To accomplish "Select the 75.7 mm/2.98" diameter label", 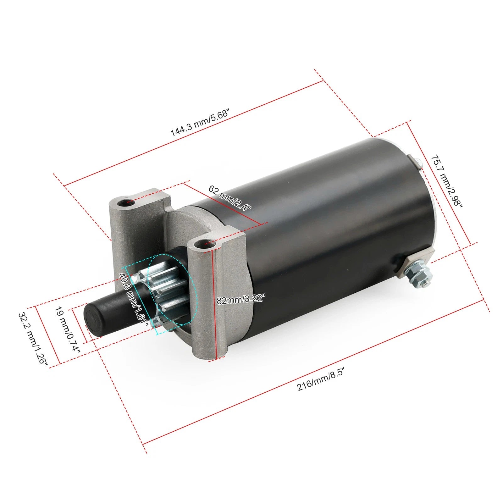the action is (x=447, y=181).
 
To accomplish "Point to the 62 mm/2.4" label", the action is (x=230, y=198).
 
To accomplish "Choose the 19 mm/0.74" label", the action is (x=68, y=329).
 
